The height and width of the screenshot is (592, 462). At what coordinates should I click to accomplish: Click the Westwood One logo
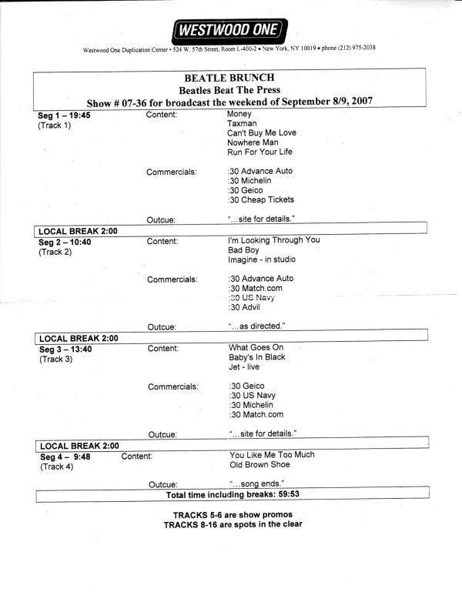tap(231, 31)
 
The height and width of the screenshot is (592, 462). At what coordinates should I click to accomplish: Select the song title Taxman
tap(243, 123)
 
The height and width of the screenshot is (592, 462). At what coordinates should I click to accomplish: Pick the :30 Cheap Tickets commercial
tap(261, 200)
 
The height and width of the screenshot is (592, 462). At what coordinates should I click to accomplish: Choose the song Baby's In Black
tap(257, 357)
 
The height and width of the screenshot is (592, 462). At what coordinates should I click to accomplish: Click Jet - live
tap(244, 367)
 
